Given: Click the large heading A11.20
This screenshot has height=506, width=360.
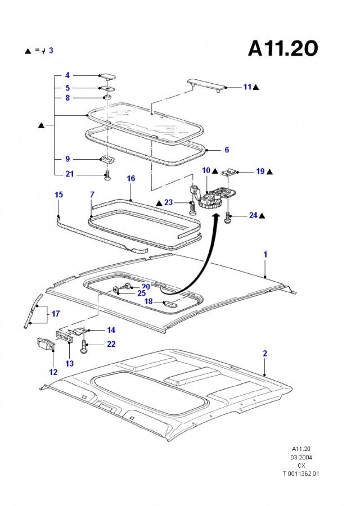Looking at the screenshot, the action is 283,49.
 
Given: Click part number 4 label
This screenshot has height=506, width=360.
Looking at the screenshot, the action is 67,75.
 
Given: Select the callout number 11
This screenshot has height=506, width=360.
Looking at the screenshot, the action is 247,87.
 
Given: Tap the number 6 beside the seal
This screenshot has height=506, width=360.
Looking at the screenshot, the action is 227,150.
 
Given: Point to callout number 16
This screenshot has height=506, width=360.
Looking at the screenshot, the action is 130,178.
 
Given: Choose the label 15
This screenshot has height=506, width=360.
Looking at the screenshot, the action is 58,195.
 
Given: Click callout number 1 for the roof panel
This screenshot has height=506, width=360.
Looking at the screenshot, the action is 265,254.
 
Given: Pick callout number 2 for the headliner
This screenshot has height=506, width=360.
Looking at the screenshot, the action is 265,354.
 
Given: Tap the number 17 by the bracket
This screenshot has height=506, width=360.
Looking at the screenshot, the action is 56,314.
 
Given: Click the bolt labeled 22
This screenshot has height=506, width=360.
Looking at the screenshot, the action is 84,346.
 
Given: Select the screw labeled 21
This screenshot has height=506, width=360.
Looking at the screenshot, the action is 108,175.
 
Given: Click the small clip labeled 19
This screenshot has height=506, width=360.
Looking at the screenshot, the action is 230,172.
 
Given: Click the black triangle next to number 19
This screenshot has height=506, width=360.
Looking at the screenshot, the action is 270,172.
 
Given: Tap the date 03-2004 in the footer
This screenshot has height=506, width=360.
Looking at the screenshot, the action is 301,457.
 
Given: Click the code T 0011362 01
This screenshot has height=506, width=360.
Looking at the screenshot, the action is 301,474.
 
